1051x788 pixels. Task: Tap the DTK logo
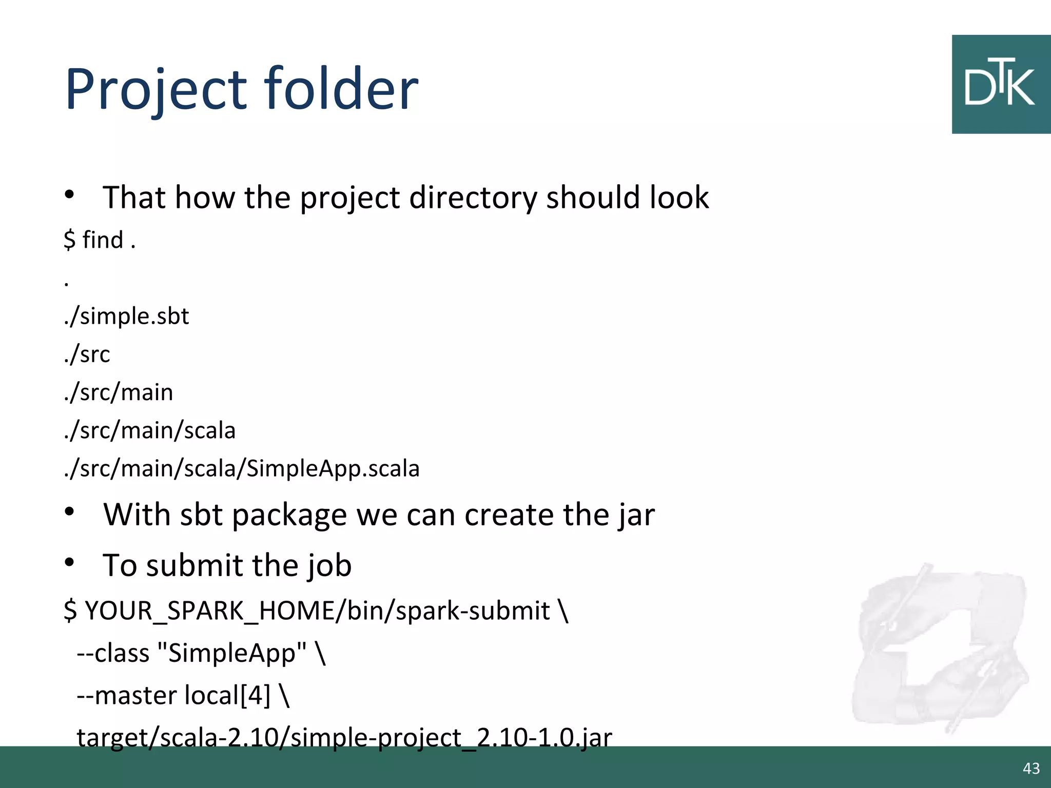1000,85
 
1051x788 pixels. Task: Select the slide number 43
1031,768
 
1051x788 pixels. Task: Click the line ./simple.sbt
127,316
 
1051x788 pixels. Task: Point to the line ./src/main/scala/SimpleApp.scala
242,468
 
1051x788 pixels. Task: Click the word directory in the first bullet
472,198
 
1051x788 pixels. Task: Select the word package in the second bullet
289,515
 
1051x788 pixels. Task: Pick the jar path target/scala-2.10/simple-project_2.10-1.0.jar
344,737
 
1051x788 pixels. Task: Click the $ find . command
100,240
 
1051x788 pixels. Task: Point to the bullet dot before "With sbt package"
70,511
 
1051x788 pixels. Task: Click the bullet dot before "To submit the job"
70,562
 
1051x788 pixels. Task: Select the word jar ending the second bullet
636,515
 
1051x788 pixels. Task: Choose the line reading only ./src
87,354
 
